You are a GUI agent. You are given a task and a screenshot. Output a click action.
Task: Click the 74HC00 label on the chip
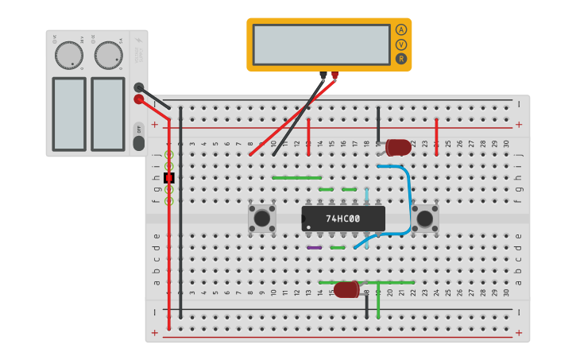(343, 219)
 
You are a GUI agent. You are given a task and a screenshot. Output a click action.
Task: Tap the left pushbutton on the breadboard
(261, 218)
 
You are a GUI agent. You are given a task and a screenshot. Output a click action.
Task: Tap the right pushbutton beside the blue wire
(426, 218)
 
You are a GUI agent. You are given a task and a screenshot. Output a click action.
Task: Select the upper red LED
(398, 147)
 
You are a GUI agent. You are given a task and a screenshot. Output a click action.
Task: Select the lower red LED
(346, 290)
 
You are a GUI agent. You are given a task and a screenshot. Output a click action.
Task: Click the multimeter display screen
(321, 45)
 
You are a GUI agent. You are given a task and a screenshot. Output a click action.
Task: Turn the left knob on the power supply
(68, 55)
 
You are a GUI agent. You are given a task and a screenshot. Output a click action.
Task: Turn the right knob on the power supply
(108, 55)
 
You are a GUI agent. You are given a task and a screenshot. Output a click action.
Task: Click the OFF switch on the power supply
(138, 129)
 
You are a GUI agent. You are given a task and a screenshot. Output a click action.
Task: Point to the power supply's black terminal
(139, 87)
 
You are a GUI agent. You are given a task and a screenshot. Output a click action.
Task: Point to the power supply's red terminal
(139, 99)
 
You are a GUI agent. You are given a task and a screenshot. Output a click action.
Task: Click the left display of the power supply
(68, 114)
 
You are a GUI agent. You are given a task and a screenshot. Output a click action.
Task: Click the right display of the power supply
(108, 114)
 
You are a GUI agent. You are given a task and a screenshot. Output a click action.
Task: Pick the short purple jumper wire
(315, 248)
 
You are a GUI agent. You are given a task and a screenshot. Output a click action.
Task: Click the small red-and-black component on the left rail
(169, 178)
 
